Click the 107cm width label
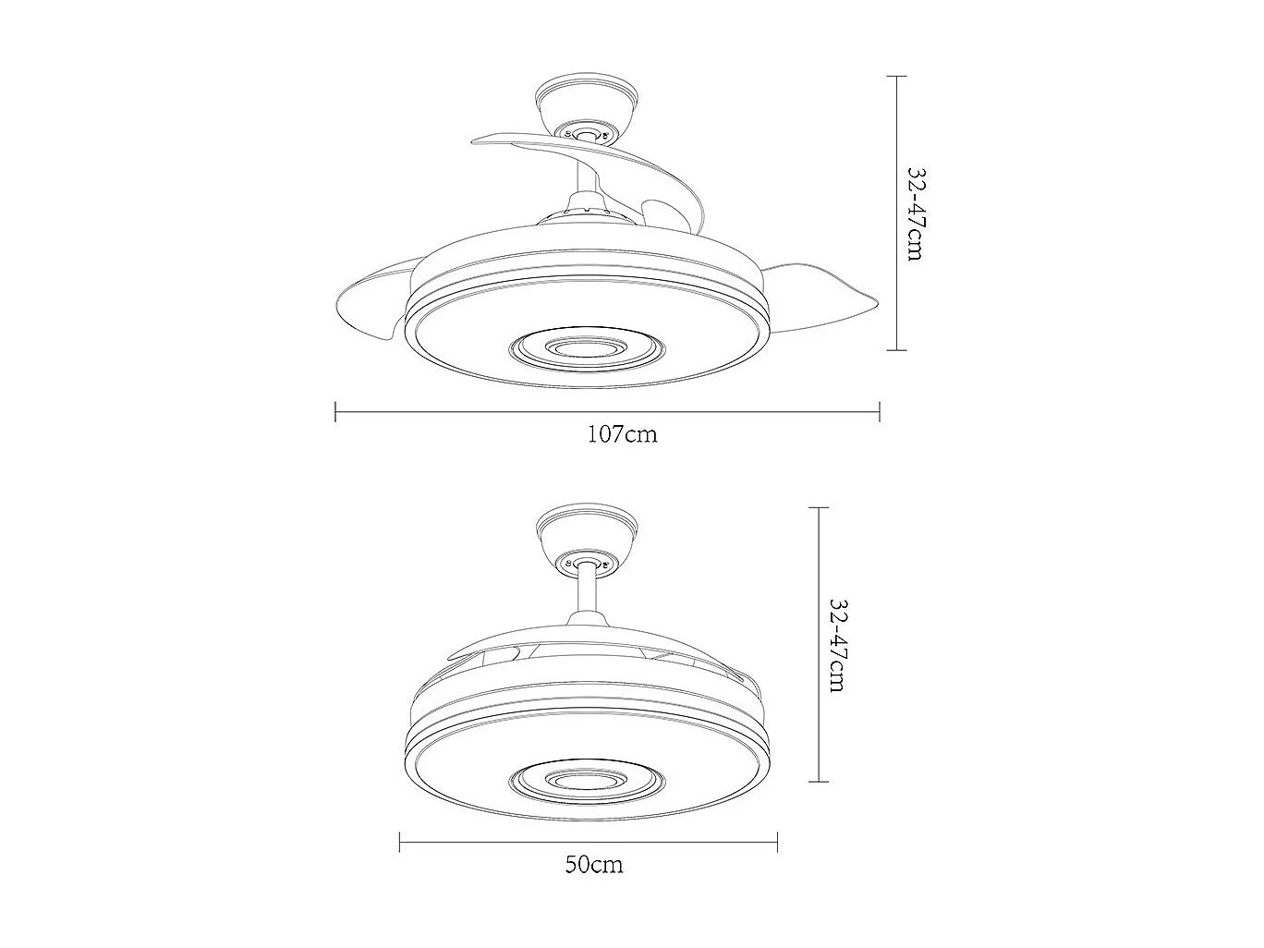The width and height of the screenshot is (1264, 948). (x=623, y=433)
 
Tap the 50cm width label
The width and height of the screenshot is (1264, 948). (x=594, y=865)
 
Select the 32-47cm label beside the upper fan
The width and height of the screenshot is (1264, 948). (x=915, y=213)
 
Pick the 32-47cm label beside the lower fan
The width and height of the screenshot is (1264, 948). (x=837, y=645)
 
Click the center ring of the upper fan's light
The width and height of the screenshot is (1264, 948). (x=587, y=348)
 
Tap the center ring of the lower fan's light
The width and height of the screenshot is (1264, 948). (x=587, y=782)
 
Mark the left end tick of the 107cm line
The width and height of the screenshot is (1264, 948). (x=335, y=411)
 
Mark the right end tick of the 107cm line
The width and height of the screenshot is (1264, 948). (x=880, y=411)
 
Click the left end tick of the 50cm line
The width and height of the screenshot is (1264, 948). (x=399, y=842)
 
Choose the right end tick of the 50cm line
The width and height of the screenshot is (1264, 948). (x=778, y=842)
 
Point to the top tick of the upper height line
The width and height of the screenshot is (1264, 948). (x=895, y=77)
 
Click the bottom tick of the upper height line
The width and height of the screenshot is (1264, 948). (x=895, y=349)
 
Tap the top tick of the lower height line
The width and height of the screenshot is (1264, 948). (x=818, y=508)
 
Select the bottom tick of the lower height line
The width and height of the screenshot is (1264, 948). (x=818, y=782)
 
